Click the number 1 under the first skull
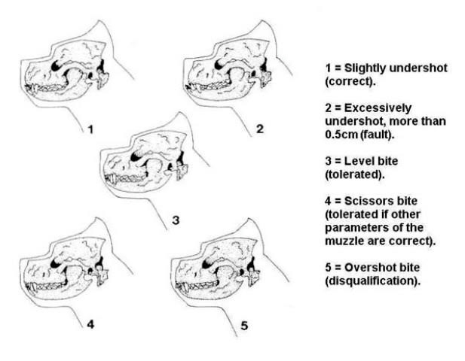pyautogui.click(x=90, y=129)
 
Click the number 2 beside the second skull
pyautogui.click(x=260, y=129)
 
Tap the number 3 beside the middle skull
pyautogui.click(x=176, y=220)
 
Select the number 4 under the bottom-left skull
pyautogui.click(x=90, y=325)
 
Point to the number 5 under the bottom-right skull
pyautogui.click(x=244, y=326)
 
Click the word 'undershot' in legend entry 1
pyautogui.click(x=418, y=68)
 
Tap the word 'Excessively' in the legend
pyautogui.click(x=378, y=108)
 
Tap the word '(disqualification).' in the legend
pyautogui.click(x=373, y=281)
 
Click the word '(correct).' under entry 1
pyautogui.click(x=350, y=82)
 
